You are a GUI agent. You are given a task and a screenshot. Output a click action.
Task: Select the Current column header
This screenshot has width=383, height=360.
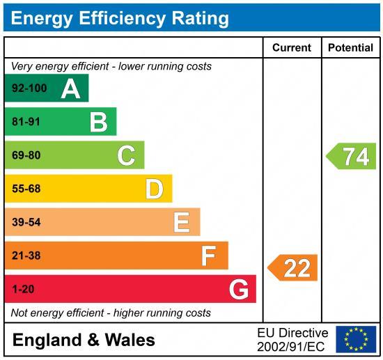coord(291,48)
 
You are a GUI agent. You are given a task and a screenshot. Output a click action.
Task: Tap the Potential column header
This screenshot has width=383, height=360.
coord(350,48)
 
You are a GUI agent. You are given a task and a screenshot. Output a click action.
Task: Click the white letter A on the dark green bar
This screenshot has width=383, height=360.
coord(70,88)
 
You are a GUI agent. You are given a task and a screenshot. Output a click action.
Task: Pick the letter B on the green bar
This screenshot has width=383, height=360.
coord(98,122)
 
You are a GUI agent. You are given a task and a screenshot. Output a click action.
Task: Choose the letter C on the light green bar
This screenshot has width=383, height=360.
coord(126,155)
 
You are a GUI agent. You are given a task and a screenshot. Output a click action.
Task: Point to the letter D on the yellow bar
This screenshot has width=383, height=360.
coord(154,189)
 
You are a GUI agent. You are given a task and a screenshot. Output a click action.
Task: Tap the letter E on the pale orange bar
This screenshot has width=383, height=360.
coord(181,222)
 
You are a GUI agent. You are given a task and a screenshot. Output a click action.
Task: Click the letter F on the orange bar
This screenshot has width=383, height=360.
coord(208,256)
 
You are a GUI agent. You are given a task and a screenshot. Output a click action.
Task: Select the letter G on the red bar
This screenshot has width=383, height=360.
coord(238,289)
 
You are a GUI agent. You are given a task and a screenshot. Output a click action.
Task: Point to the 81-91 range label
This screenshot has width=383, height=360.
coord(26,122)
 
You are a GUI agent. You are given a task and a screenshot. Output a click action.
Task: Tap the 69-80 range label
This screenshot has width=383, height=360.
coord(26,155)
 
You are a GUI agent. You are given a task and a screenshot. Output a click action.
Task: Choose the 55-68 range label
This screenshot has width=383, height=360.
coord(26,189)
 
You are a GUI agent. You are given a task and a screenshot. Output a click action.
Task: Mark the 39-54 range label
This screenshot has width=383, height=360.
coord(26,222)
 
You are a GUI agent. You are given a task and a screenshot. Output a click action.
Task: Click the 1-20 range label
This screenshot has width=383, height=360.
coord(23,289)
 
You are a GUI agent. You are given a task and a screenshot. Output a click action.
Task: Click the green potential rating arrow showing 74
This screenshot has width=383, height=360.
coord(352,156)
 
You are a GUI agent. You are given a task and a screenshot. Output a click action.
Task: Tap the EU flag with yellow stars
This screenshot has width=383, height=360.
coord(356,339)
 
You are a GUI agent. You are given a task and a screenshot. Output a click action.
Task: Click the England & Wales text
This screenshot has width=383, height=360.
coord(84,340)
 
